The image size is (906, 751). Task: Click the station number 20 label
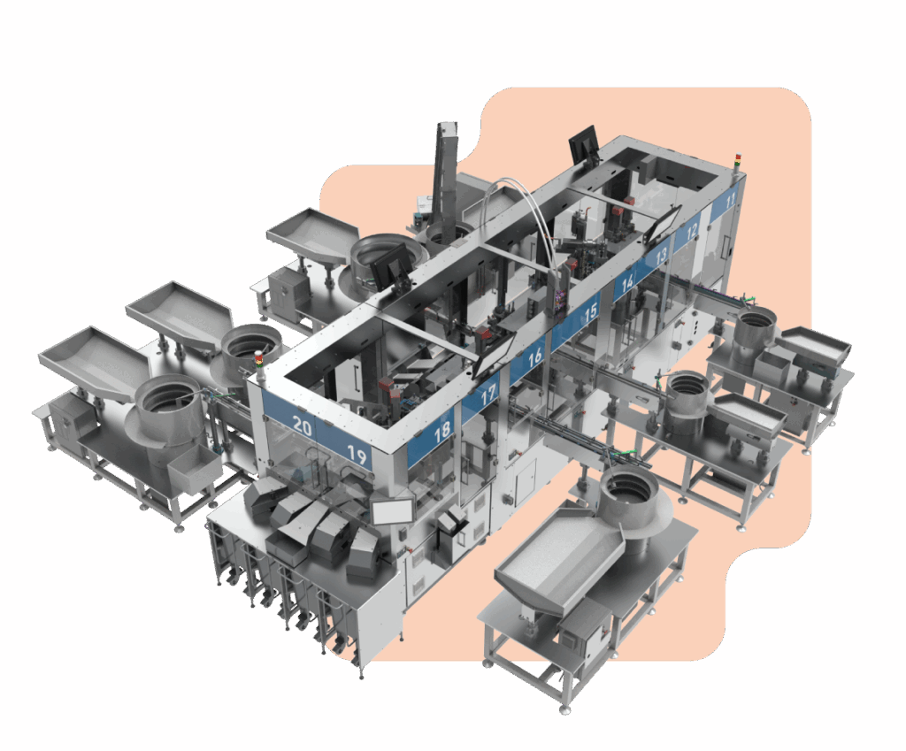[x=303, y=425]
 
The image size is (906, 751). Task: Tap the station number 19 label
[x=357, y=456]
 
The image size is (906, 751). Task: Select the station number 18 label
[x=442, y=433]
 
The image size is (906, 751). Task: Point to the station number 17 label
[x=488, y=395]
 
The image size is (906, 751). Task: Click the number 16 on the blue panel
[x=534, y=356]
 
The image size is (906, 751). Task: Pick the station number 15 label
[x=589, y=313]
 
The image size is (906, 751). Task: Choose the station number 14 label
[x=627, y=283]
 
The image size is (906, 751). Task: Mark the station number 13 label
[x=661, y=255]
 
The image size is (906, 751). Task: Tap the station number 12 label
[x=692, y=231]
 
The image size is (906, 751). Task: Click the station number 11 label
[x=730, y=201]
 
